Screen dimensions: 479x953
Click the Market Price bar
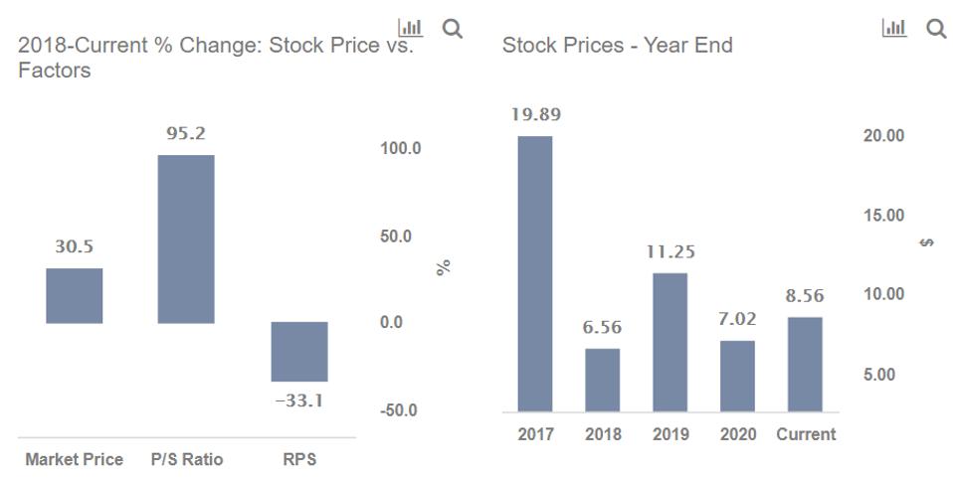click(x=74, y=295)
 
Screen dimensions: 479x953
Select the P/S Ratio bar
click(x=186, y=239)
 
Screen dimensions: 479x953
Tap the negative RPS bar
click(x=299, y=352)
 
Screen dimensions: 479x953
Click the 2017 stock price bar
click(x=534, y=273)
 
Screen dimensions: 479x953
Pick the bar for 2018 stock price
click(x=602, y=380)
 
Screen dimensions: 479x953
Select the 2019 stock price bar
click(x=669, y=342)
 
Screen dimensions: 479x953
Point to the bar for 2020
click(x=737, y=376)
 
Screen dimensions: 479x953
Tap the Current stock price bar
click(x=805, y=364)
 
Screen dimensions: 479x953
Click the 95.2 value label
click(x=186, y=133)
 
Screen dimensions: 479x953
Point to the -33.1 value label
click(x=299, y=402)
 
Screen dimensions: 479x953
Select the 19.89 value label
click(x=535, y=114)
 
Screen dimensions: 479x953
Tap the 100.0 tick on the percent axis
click(x=401, y=149)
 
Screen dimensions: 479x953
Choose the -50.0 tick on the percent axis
click(x=401, y=410)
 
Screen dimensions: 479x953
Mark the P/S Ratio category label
click(x=187, y=459)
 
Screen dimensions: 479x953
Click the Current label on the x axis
click(x=806, y=434)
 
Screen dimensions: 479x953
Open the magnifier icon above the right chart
click(x=936, y=29)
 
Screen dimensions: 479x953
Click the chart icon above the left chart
click(x=409, y=29)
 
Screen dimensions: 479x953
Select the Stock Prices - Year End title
click(x=617, y=46)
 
